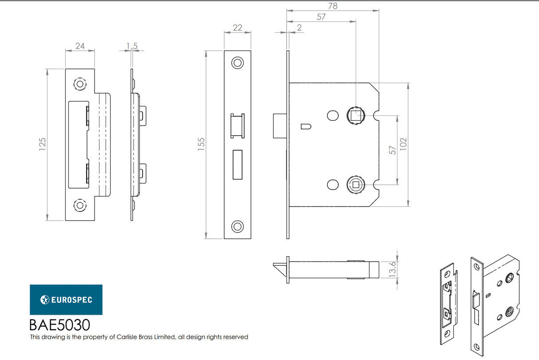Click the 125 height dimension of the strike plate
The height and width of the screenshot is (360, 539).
(x=43, y=145)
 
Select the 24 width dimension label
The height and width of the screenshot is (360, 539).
(x=80, y=45)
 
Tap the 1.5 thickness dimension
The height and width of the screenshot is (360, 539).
(x=132, y=45)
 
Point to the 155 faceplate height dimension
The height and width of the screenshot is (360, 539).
(x=201, y=145)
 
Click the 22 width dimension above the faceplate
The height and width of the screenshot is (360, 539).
(x=238, y=28)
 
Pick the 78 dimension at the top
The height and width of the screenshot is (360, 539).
(x=333, y=6)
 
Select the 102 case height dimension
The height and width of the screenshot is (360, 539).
(x=404, y=145)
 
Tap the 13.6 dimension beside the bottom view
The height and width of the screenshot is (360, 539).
(x=392, y=269)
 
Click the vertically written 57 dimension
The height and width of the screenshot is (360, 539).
(x=392, y=150)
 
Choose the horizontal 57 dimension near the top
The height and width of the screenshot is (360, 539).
(x=321, y=17)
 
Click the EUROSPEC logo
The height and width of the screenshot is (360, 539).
(x=66, y=300)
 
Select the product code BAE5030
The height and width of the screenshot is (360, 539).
(x=59, y=325)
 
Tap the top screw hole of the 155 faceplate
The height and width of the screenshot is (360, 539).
(x=238, y=63)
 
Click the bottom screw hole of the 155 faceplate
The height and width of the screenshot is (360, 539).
(x=238, y=226)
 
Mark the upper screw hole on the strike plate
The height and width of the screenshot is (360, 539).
(x=80, y=84)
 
